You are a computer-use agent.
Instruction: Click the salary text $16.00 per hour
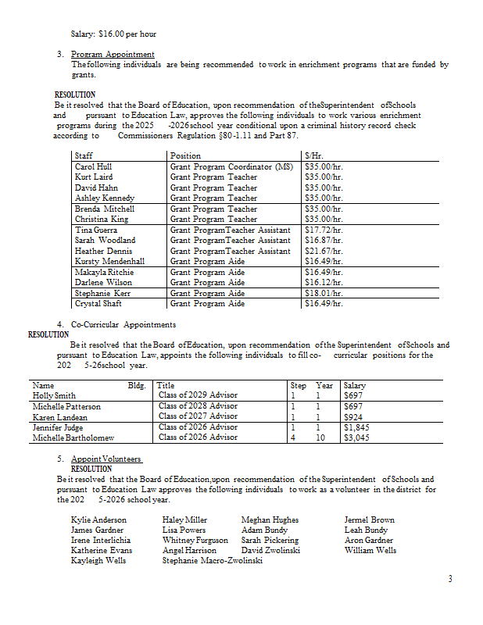pyautogui.click(x=113, y=34)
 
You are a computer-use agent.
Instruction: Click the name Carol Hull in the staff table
pyautogui.click(x=93, y=166)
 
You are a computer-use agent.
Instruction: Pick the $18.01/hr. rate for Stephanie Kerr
pyautogui.click(x=324, y=293)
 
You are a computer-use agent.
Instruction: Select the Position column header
pyautogui.click(x=185, y=155)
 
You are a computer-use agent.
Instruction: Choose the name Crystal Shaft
pyautogui.click(x=98, y=303)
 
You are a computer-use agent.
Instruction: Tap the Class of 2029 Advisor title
pyautogui.click(x=198, y=395)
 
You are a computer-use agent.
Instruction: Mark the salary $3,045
pyautogui.click(x=356, y=437)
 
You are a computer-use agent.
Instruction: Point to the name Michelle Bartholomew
pyautogui.click(x=73, y=437)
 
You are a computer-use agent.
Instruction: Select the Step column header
pyautogui.click(x=298, y=385)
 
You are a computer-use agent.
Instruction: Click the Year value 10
pyautogui.click(x=319, y=437)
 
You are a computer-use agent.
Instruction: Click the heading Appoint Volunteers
pyautogui.click(x=106, y=459)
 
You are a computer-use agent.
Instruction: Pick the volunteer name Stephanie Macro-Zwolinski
pyautogui.click(x=212, y=560)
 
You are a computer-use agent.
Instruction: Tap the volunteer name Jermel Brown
pyautogui.click(x=369, y=520)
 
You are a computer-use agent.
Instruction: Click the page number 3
pyautogui.click(x=450, y=578)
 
